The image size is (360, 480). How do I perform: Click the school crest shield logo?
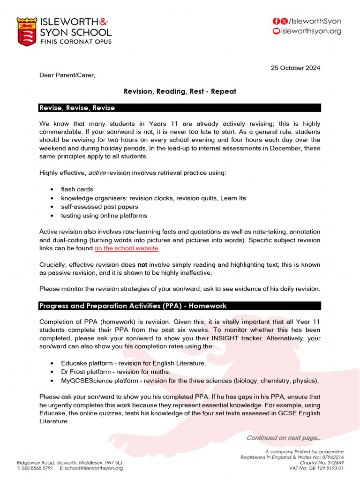click(27, 31)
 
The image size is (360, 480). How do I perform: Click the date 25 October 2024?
click(295, 67)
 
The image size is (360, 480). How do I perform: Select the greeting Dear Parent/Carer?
click(67, 75)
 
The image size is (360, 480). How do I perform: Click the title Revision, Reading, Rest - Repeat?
click(180, 91)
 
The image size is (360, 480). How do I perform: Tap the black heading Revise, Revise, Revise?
click(77, 108)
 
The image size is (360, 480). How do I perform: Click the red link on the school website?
click(127, 248)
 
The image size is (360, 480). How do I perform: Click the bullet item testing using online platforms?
click(104, 216)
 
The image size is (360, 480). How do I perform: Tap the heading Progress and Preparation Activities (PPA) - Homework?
click(133, 306)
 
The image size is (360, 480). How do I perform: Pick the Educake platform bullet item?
click(133, 363)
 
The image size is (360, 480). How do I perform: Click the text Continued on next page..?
click(284, 438)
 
